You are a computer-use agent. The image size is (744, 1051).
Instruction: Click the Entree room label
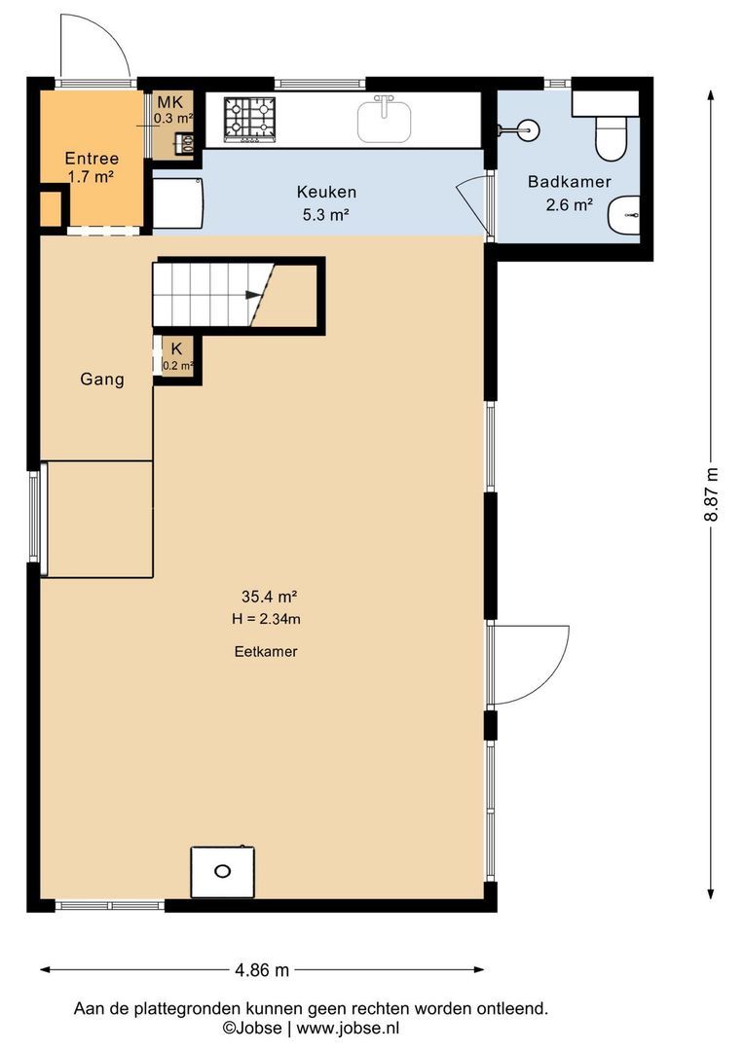click(92, 159)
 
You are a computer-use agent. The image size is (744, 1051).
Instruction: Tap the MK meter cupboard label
click(169, 102)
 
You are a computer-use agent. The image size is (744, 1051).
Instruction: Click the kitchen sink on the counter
click(384, 120)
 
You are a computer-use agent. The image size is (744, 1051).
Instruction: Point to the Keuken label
click(326, 192)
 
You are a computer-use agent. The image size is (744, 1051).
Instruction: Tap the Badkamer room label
click(570, 181)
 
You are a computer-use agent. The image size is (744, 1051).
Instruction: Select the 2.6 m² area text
click(569, 205)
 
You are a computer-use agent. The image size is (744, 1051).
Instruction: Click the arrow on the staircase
click(253, 294)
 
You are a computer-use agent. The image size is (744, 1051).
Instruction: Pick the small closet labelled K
click(177, 358)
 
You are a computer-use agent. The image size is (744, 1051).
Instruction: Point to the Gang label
click(102, 380)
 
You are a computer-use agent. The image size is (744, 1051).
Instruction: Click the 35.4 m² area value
click(269, 596)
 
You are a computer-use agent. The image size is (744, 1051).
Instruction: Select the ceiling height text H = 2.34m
click(266, 619)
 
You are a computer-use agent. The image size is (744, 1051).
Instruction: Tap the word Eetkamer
click(266, 651)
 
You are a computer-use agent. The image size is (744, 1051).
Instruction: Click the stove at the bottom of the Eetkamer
click(223, 871)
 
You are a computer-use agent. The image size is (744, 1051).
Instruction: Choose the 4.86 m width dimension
click(262, 970)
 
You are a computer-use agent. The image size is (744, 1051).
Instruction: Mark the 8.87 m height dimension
click(711, 494)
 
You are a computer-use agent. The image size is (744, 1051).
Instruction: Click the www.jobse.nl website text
click(349, 1028)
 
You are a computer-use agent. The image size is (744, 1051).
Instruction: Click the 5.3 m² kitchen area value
click(326, 215)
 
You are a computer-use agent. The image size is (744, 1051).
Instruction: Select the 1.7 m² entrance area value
click(91, 178)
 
